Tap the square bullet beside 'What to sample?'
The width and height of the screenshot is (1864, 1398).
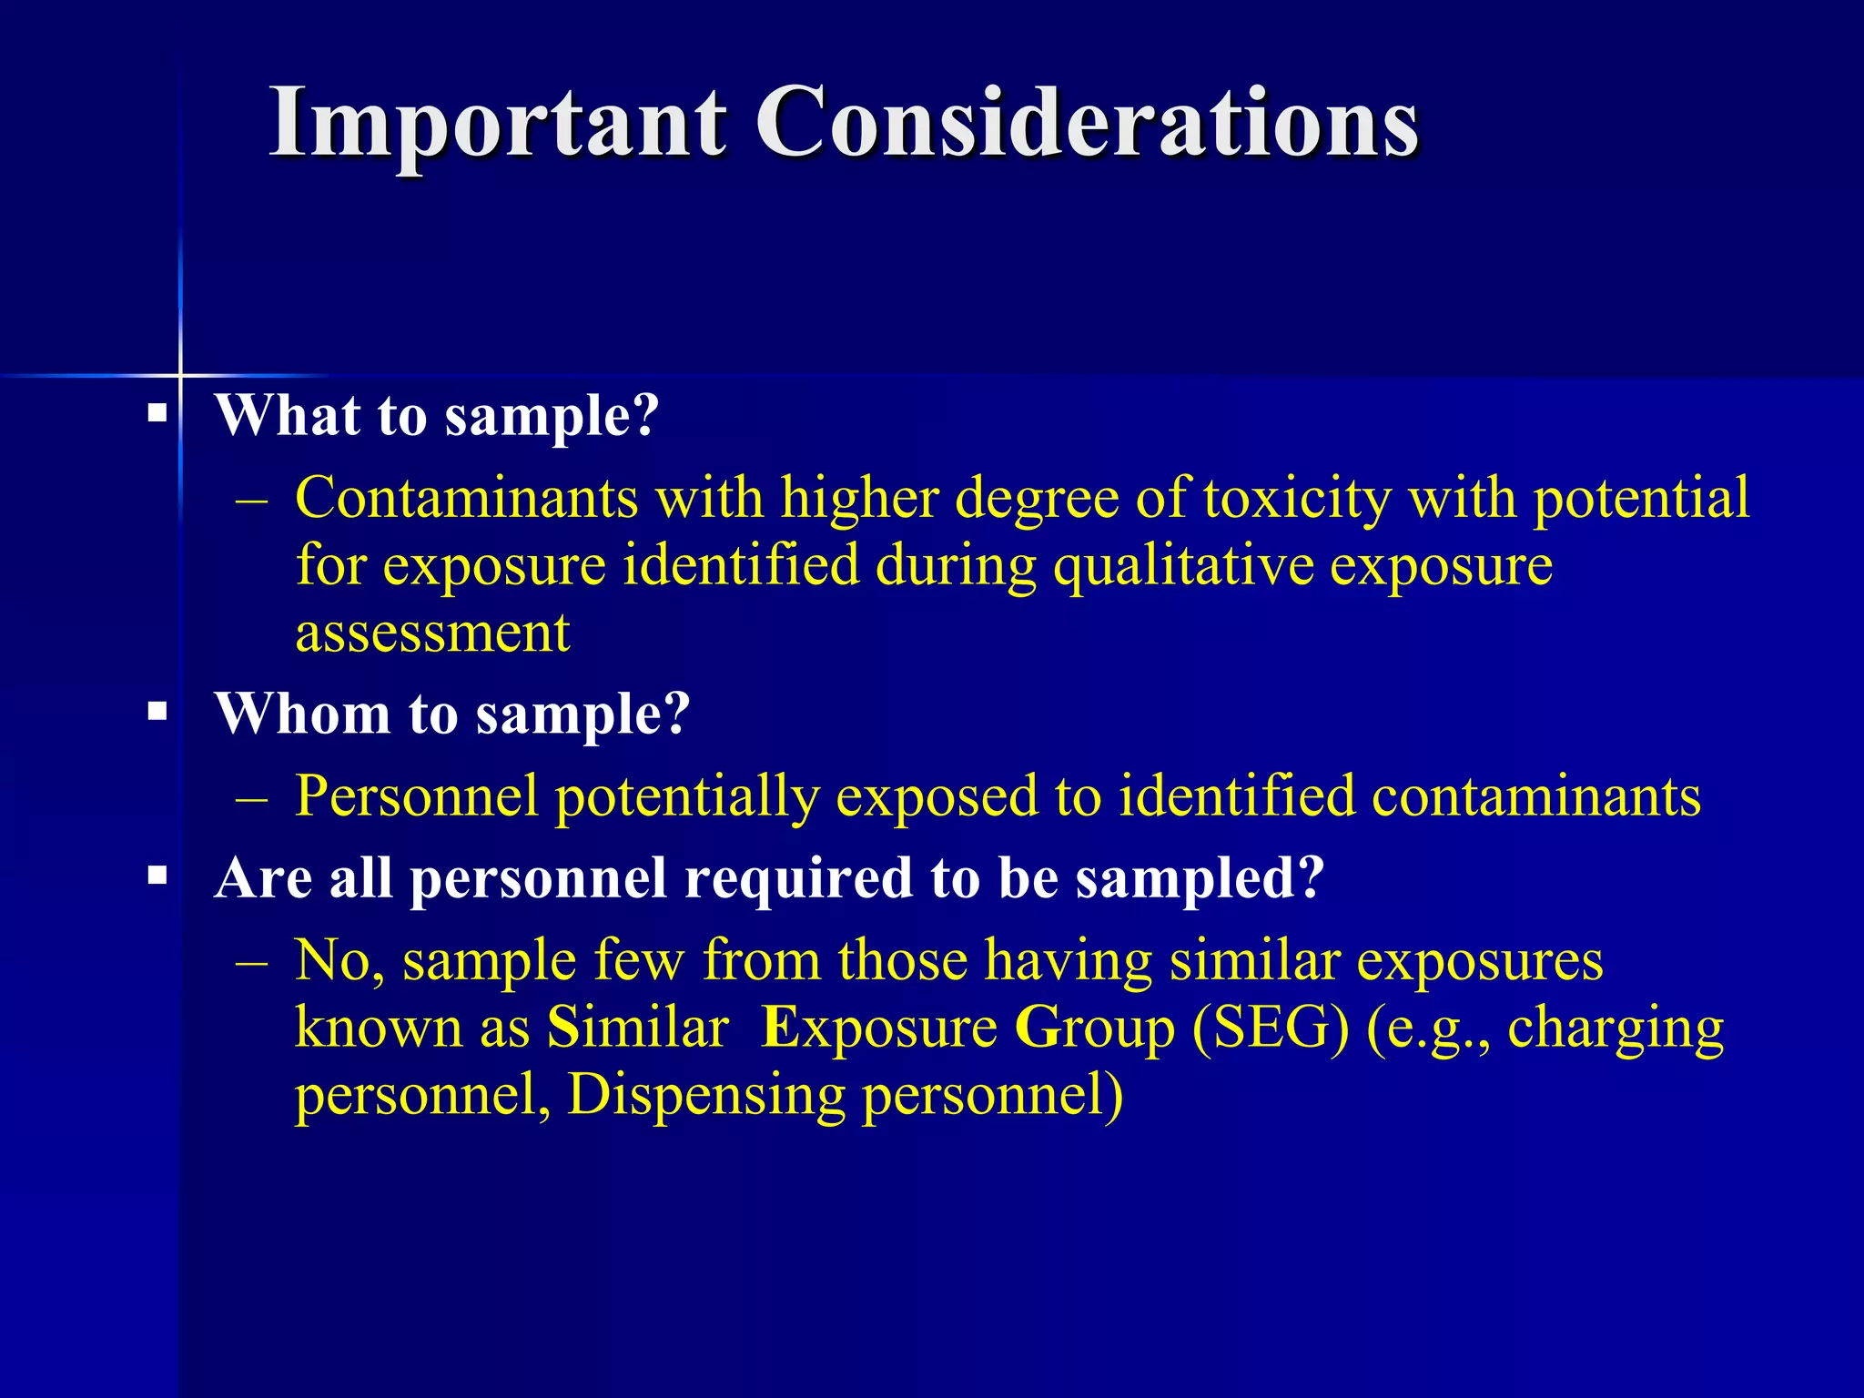(x=158, y=415)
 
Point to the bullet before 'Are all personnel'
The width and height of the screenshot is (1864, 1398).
(x=158, y=877)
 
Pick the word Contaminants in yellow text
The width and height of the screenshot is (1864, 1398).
(x=466, y=498)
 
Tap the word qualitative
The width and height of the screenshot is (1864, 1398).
(x=1183, y=566)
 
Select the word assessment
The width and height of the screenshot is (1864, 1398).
(x=432, y=633)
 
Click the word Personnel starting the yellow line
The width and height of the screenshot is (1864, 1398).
(x=416, y=796)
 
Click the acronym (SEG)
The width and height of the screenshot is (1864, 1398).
(x=1271, y=1028)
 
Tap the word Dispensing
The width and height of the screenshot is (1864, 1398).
(x=706, y=1096)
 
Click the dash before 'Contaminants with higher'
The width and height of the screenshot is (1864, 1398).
(x=251, y=500)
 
